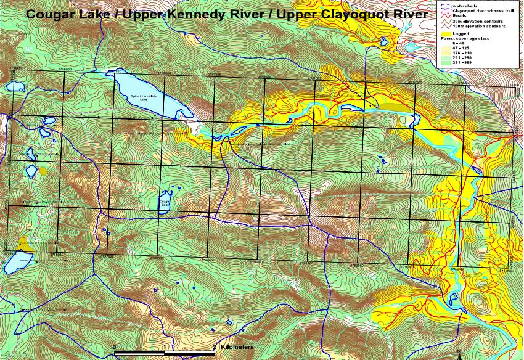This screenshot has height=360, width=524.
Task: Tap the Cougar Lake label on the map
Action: point(165,200)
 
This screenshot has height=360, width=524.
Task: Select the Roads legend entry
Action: point(460,16)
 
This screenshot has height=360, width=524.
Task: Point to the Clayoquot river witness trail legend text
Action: point(483,11)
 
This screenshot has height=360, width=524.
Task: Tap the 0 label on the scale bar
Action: point(114,346)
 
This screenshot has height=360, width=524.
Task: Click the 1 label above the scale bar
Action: point(164,346)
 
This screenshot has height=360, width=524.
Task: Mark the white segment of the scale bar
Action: point(189,352)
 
